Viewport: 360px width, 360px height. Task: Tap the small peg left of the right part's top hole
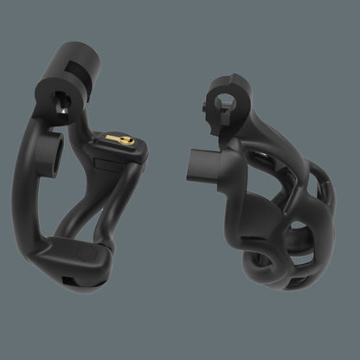[x=211, y=106]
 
